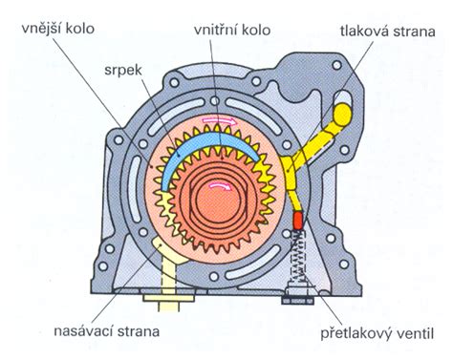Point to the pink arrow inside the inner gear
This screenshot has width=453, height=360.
223,186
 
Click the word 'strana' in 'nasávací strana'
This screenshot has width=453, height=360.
136,330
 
